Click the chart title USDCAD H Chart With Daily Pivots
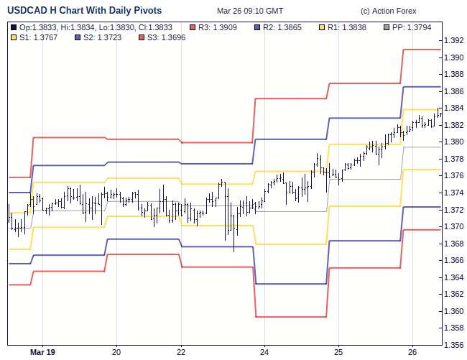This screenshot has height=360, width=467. pos(84,11)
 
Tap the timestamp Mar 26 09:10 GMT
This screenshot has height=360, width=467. pos(250,11)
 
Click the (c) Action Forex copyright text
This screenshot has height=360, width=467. pos(389,11)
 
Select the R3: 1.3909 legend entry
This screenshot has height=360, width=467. pos(218,27)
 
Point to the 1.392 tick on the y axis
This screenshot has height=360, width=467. pos(453,40)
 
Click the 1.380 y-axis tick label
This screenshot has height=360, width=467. pos(453,142)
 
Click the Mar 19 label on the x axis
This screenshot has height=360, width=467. pos(42,352)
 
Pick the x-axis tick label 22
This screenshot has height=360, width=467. pos(181,352)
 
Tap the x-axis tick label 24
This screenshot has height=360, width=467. pos(264,352)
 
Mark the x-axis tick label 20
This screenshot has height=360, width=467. pos(117,352)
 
